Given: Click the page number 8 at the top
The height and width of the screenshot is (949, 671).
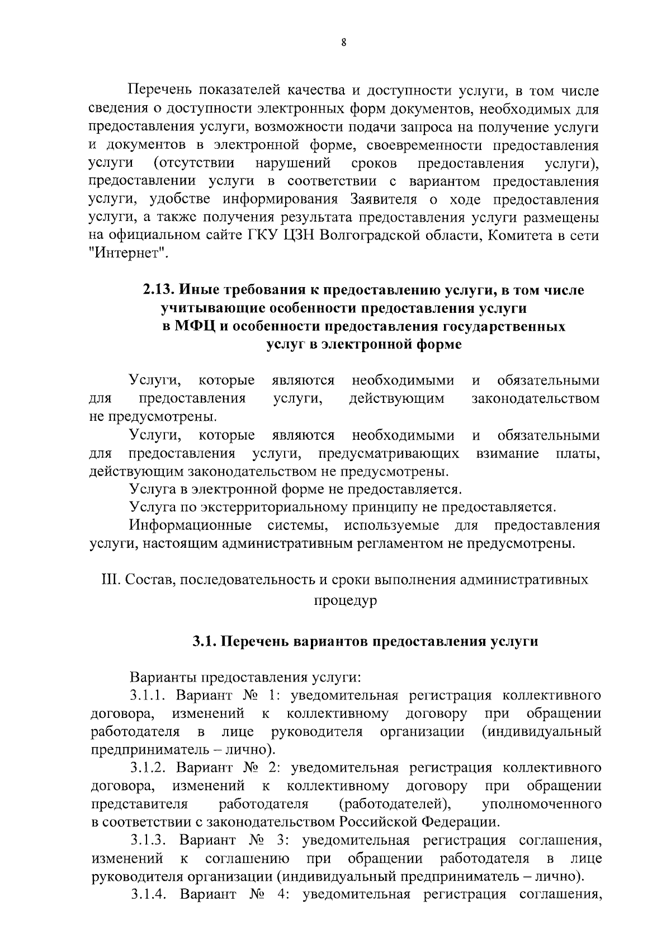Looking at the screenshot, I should click(343, 42).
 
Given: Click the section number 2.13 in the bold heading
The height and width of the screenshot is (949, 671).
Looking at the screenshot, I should click(159, 290).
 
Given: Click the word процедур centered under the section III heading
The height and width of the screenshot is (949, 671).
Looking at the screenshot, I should click(344, 600).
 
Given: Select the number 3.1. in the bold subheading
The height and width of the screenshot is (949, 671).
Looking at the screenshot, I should click(205, 641).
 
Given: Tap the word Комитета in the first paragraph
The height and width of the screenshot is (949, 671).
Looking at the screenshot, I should click(521, 235).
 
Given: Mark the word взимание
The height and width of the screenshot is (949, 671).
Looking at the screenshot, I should click(507, 453).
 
